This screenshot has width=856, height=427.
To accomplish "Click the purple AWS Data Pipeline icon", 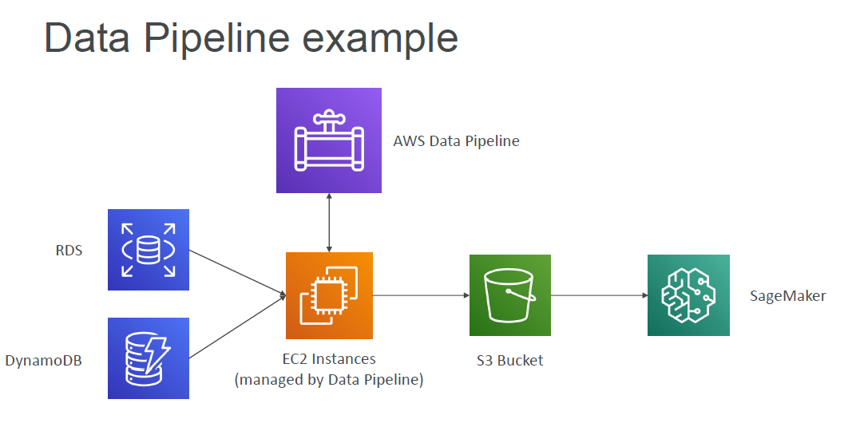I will (x=328, y=140).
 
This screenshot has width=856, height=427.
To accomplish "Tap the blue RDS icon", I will (x=149, y=250).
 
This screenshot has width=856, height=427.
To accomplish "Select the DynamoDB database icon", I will (x=149, y=358).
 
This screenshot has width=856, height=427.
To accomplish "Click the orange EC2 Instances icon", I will (x=329, y=295).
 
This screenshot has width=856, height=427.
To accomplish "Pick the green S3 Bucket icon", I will (x=509, y=295).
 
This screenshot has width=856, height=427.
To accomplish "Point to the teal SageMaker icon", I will (x=688, y=295).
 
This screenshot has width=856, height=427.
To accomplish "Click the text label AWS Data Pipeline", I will (x=456, y=141).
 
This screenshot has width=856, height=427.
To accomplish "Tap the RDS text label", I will (x=69, y=251).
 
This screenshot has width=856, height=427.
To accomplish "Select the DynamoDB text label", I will (x=44, y=360).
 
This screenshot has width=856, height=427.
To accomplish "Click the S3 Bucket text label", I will (x=509, y=360).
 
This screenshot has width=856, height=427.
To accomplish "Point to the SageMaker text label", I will (x=787, y=296).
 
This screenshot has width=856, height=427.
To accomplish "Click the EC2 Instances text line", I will (x=329, y=359).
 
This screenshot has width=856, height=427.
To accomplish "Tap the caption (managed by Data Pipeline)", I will (x=329, y=380).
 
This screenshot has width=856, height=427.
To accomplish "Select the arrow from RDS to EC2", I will (x=237, y=273).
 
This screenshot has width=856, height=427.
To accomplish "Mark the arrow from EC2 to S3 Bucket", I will (x=421, y=295).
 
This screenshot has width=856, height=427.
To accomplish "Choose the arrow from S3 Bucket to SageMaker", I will (x=599, y=295).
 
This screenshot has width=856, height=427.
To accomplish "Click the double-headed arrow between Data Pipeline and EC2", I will (x=329, y=223).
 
